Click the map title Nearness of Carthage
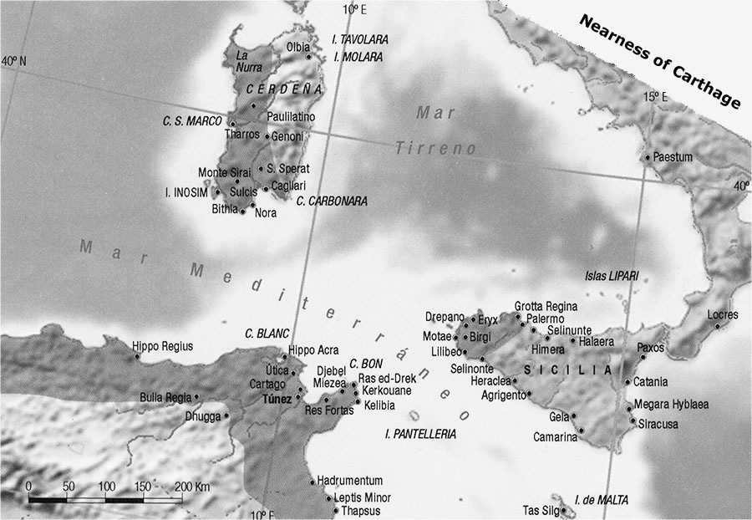pyautogui.click(x=660, y=62)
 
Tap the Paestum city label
pyautogui.click(x=675, y=156)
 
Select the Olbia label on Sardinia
pyautogui.click(x=297, y=47)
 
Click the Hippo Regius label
pyautogui.click(x=163, y=345)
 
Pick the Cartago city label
pyautogui.click(x=267, y=384)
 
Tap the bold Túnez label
pyautogui.click(x=277, y=399)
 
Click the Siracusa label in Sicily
pyautogui.click(x=658, y=424)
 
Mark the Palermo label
pyautogui.click(x=546, y=319)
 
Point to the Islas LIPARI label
pyautogui.click(x=612, y=276)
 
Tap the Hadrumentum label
pyautogui.click(x=350, y=481)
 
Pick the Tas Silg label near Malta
pyautogui.click(x=540, y=510)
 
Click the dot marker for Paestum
pyautogui.click(x=647, y=156)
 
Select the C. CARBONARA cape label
pyautogui.click(x=332, y=201)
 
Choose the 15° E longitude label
pyautogui.click(x=656, y=97)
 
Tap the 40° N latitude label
pyautogui.click(x=13, y=61)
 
